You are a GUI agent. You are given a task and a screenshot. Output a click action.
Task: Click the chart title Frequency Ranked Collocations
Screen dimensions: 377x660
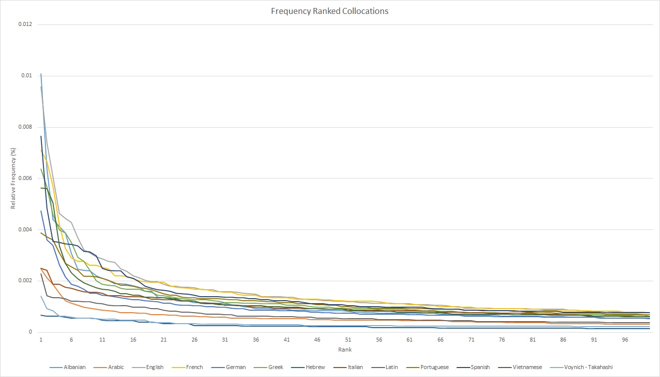coord(330,10)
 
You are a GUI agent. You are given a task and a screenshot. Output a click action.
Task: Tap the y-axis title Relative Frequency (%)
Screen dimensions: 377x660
coord(14,178)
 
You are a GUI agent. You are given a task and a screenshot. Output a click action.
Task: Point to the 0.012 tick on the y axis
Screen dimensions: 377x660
coord(25,24)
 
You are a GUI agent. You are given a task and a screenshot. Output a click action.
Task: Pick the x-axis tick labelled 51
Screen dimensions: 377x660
coord(348,340)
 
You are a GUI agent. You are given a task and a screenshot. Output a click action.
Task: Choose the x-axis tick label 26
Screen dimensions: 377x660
coord(195,340)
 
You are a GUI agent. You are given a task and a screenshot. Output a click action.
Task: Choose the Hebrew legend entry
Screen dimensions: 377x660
coord(314,368)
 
